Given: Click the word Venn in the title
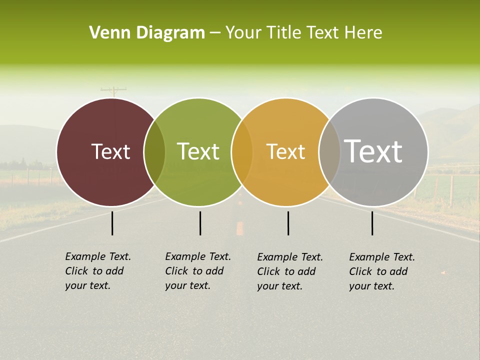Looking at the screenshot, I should click(x=106, y=33).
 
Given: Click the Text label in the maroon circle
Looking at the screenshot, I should click(x=110, y=151).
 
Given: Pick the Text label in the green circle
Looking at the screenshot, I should click(x=198, y=151).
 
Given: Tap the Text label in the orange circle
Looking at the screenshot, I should click(x=285, y=151).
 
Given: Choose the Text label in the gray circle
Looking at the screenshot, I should click(x=373, y=151).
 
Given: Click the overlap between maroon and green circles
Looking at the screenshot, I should click(x=154, y=152).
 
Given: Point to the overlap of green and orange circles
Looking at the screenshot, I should click(x=242, y=152).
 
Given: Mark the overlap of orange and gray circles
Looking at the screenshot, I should click(x=329, y=152).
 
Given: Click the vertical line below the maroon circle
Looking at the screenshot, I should click(x=112, y=223).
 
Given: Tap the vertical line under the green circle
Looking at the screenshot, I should click(x=200, y=223).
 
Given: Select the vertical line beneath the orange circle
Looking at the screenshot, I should click(x=288, y=223).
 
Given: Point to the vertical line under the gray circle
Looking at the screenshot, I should click(x=372, y=223).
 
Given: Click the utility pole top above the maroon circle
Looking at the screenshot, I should click(x=113, y=90).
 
